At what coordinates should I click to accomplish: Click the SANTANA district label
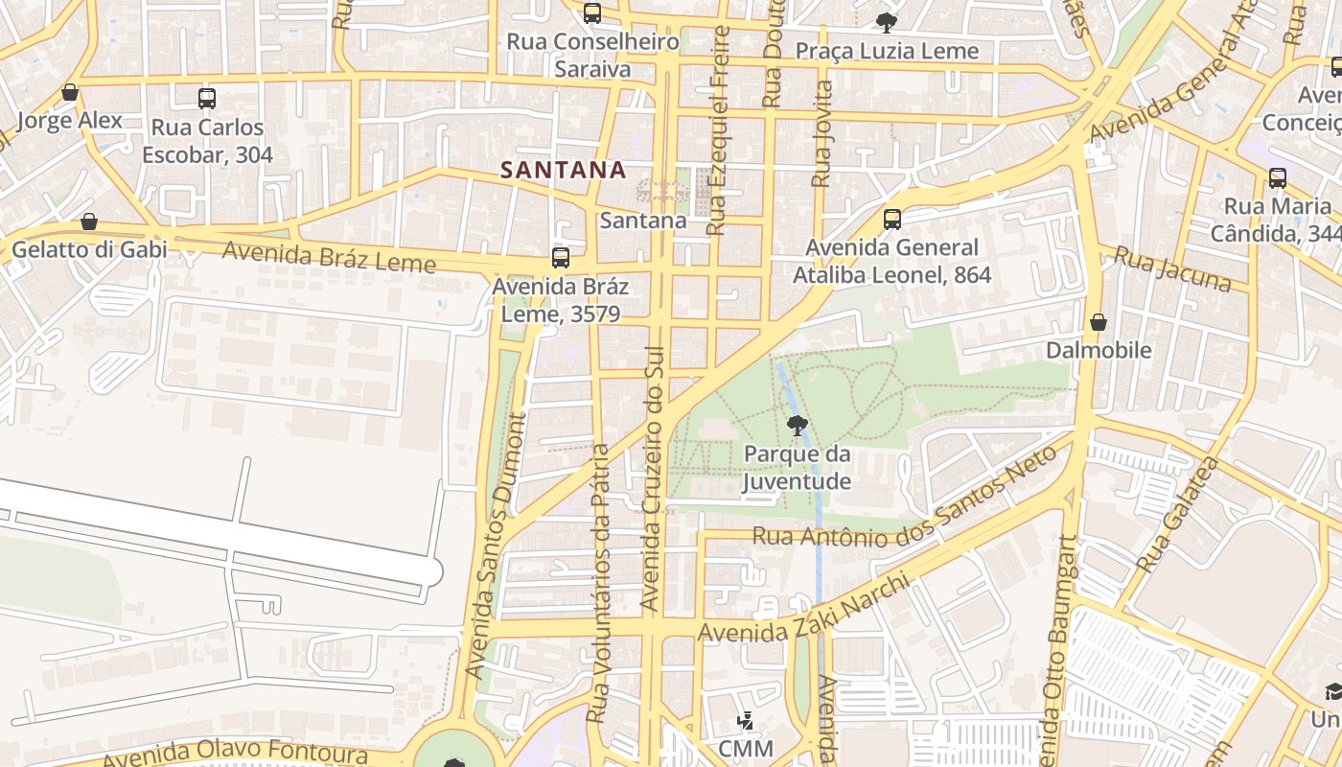click(x=563, y=170)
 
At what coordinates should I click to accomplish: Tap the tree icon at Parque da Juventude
click(x=796, y=425)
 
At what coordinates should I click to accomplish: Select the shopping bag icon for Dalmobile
click(x=1099, y=322)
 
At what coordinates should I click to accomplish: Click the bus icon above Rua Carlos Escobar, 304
click(x=207, y=98)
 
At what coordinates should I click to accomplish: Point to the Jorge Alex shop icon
click(x=70, y=93)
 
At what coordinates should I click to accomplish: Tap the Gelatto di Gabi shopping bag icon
click(x=89, y=222)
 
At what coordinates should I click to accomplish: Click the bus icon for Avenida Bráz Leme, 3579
click(x=561, y=258)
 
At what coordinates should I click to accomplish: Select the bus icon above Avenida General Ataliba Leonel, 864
click(x=892, y=220)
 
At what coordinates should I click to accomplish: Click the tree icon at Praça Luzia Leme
click(x=886, y=22)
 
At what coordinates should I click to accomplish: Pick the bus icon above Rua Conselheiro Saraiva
click(x=592, y=13)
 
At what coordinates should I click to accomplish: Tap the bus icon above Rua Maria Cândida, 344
click(x=1278, y=178)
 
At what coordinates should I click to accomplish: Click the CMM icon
click(x=745, y=720)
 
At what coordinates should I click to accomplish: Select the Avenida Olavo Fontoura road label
click(x=235, y=754)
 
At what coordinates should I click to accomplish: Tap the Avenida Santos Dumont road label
click(x=497, y=546)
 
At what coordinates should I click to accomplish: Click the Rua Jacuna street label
click(x=1172, y=268)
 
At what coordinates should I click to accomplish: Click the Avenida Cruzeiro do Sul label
click(x=651, y=479)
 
